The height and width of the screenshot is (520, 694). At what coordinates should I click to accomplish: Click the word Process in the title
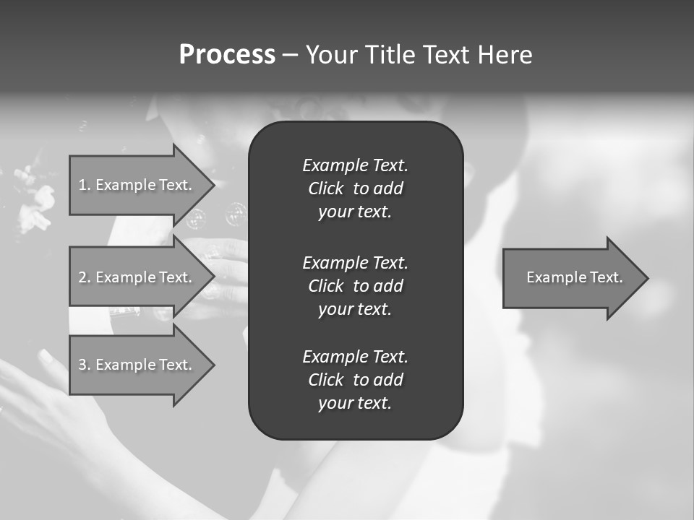[x=227, y=55]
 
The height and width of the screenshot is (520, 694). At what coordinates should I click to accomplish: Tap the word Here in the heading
[x=504, y=55]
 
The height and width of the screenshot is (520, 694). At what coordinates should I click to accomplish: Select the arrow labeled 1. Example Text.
[x=137, y=185]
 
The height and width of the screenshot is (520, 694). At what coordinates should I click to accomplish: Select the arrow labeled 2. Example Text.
[x=137, y=277]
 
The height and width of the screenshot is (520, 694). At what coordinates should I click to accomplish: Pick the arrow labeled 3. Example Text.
[x=137, y=365]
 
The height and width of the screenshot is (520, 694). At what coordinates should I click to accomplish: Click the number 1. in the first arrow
[x=85, y=185]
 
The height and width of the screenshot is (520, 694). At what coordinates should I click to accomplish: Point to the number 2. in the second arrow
[x=85, y=277]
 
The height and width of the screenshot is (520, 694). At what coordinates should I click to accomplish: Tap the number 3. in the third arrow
[x=85, y=365]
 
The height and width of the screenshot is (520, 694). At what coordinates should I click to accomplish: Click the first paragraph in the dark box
[x=355, y=188]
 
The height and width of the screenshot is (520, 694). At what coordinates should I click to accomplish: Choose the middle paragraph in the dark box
[x=355, y=285]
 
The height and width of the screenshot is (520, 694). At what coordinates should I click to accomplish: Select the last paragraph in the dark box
[x=355, y=380]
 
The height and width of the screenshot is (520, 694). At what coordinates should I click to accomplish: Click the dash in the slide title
[x=290, y=56]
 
